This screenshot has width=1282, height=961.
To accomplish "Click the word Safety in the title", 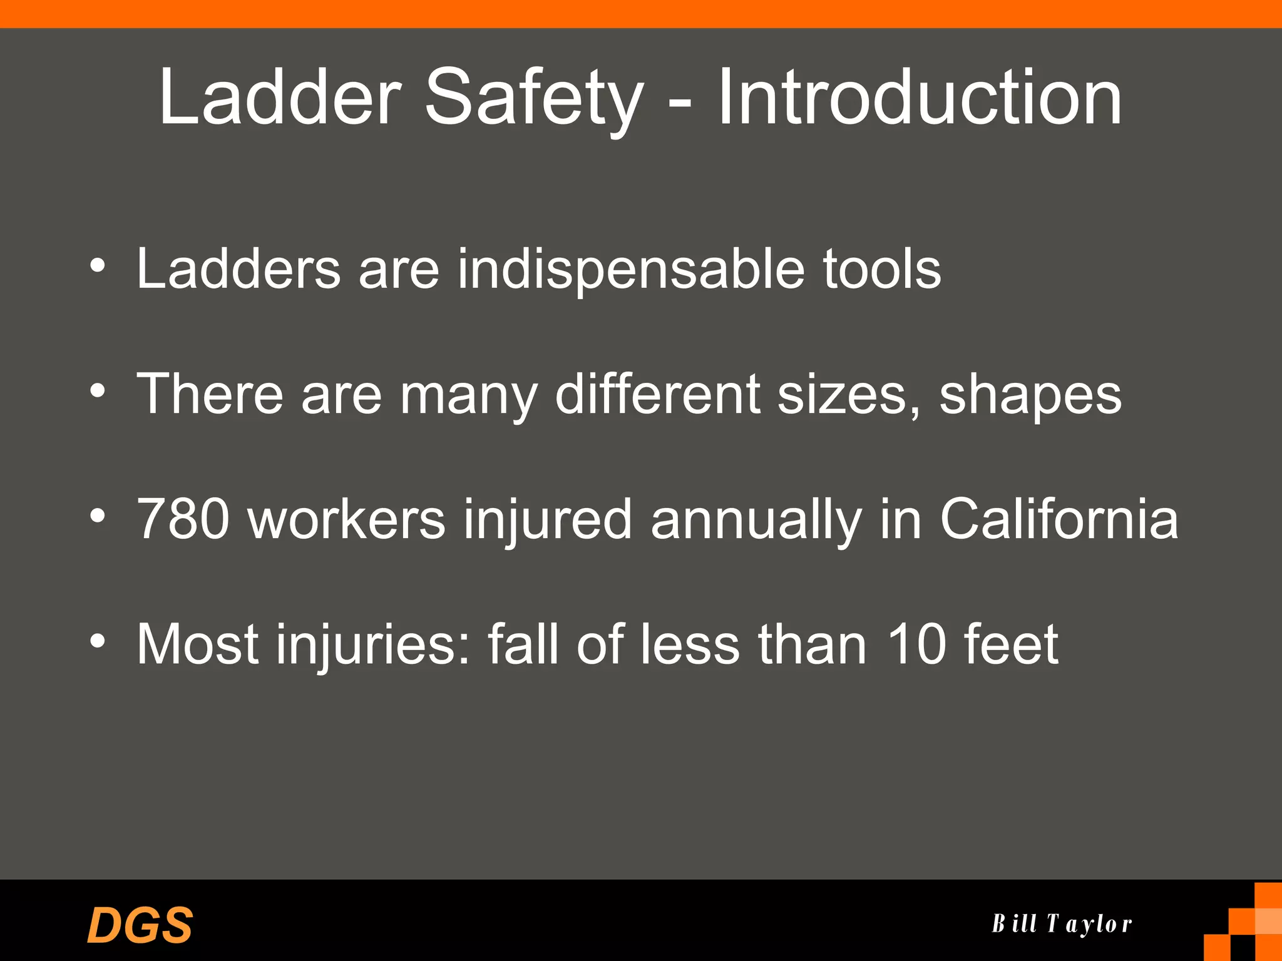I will pyautogui.click(x=534, y=99).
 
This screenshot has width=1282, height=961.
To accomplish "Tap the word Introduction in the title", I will pyautogui.click(x=919, y=98).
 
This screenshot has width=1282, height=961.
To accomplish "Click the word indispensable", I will pyautogui.click(x=631, y=268).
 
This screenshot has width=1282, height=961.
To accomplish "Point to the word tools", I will pyautogui.click(x=881, y=268).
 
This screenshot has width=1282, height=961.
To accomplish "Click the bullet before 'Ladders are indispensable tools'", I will pyautogui.click(x=98, y=266).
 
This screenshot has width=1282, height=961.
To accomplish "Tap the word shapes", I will pyautogui.click(x=1030, y=395).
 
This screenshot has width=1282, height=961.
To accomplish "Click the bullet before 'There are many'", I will pyautogui.click(x=98, y=391).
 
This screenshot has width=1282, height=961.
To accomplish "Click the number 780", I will pyautogui.click(x=183, y=519).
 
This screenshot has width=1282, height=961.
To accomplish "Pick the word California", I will pyautogui.click(x=1059, y=519).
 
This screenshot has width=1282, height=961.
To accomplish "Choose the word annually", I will pyautogui.click(x=756, y=520).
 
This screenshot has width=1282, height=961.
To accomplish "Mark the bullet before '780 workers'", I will pyautogui.click(x=98, y=516).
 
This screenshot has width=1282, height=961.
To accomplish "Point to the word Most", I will pyautogui.click(x=198, y=644).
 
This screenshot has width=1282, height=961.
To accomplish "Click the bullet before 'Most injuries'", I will pyautogui.click(x=98, y=641).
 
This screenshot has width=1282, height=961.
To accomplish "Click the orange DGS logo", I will pyautogui.click(x=140, y=925).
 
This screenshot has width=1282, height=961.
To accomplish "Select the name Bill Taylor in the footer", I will pyautogui.click(x=1062, y=923).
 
